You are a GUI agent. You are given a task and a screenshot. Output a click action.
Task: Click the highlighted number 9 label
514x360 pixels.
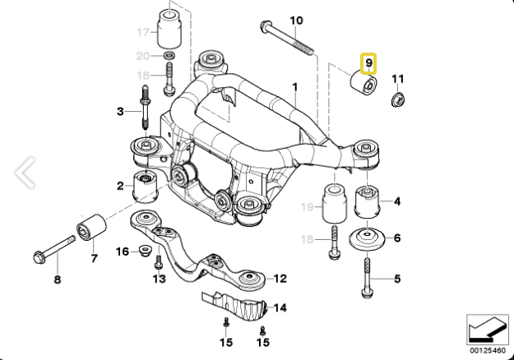coord(368,62)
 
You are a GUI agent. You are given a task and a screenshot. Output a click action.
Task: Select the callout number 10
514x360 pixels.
coord(297,21)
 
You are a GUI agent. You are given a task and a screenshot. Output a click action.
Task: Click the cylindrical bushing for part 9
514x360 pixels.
coord(362,85)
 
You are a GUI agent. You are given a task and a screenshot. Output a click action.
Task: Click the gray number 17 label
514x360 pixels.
coord(143,34)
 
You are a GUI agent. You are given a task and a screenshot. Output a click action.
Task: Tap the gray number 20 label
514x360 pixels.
coord(142,56)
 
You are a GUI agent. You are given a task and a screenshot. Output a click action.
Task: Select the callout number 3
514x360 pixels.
coord(120,110)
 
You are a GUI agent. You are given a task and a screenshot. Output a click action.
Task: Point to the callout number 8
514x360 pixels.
coord(58,280)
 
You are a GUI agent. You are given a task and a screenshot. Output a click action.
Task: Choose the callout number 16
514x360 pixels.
coord(123,250)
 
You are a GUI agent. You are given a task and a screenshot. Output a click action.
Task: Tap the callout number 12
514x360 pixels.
coord(280,278)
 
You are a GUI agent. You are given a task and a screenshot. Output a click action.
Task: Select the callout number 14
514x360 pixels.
coord(280,308)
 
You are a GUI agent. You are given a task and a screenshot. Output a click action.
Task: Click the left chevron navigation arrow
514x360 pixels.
coord(25,173)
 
